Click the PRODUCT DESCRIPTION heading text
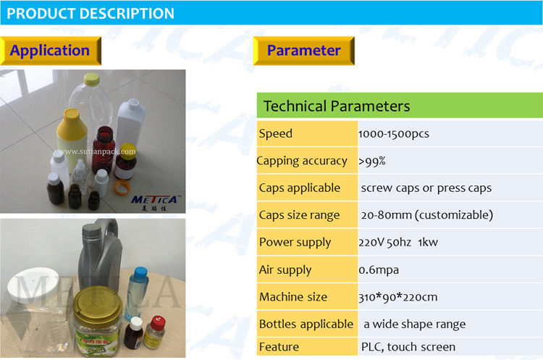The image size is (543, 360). (x=90, y=14)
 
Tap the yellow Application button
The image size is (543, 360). (x=51, y=51)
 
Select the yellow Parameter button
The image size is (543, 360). (x=303, y=51)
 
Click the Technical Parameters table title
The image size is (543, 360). (x=337, y=106)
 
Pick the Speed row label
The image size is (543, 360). (x=276, y=134)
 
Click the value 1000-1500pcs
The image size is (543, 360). (x=394, y=134)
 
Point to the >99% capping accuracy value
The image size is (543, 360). (x=372, y=161)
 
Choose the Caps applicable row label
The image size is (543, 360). (x=300, y=188)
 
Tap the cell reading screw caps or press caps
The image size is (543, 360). (x=426, y=188)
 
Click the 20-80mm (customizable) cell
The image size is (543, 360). (x=427, y=215)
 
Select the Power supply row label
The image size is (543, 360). (x=295, y=242)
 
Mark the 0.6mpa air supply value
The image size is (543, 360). (x=379, y=269)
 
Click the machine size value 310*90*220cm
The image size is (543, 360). (x=398, y=297)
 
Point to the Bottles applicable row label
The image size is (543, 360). (x=306, y=324)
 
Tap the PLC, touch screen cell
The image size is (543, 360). (x=408, y=347)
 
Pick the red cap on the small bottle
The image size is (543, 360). (x=158, y=322)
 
